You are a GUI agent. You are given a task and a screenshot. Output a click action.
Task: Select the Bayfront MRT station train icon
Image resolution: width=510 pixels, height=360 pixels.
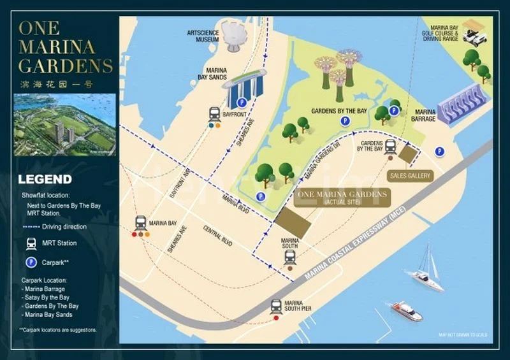(215, 114)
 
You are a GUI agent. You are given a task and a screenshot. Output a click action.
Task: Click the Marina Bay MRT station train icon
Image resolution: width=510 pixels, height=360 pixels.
(140, 223)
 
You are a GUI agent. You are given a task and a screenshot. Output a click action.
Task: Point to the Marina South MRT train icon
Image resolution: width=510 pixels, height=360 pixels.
(290, 257)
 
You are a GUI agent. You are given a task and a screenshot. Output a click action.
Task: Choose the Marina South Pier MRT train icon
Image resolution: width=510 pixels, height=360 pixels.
(276, 306)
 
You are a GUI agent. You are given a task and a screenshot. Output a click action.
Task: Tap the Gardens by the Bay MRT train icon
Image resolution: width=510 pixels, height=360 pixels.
(390, 146)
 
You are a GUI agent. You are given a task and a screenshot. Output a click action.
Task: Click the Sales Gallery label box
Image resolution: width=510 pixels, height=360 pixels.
(410, 175)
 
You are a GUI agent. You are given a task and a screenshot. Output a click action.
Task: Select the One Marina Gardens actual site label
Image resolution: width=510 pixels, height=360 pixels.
(342, 198)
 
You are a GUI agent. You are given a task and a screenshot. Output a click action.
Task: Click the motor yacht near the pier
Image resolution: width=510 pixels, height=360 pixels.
(406, 311)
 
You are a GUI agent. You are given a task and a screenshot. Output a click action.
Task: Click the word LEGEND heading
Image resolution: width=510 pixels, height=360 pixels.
(45, 180)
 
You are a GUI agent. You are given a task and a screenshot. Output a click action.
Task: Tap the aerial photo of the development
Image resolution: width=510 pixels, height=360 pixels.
(64, 125)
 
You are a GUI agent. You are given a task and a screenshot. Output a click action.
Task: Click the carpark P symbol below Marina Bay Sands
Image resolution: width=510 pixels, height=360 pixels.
(242, 102)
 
